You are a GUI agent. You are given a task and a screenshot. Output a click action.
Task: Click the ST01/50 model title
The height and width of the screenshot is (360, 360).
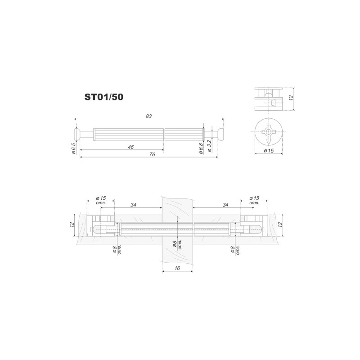pyautogui.click(x=104, y=97)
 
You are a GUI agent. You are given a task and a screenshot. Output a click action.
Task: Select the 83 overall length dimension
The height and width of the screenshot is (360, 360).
pyautogui.click(x=148, y=116)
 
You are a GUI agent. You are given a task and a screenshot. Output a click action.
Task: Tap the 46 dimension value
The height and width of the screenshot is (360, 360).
pyautogui.click(x=130, y=147)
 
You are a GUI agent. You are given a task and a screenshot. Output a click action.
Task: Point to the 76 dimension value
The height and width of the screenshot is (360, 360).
pyautogui.click(x=152, y=154)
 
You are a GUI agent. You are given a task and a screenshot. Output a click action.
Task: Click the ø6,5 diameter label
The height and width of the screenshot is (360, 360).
pyautogui.click(x=73, y=148)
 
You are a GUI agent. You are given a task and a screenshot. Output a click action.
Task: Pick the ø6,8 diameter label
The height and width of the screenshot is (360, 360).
pyautogui.click(x=201, y=148)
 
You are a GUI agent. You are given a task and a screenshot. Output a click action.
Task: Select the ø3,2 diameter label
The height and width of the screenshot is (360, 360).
pyautogui.click(x=209, y=145)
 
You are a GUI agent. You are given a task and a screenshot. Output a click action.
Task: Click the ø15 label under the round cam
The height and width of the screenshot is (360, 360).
pyautogui.click(x=269, y=151)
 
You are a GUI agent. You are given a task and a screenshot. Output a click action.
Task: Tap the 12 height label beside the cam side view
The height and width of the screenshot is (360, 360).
pyautogui.click(x=291, y=97)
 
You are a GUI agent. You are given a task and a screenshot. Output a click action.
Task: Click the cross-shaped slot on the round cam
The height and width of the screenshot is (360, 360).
pyautogui.click(x=268, y=134)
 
